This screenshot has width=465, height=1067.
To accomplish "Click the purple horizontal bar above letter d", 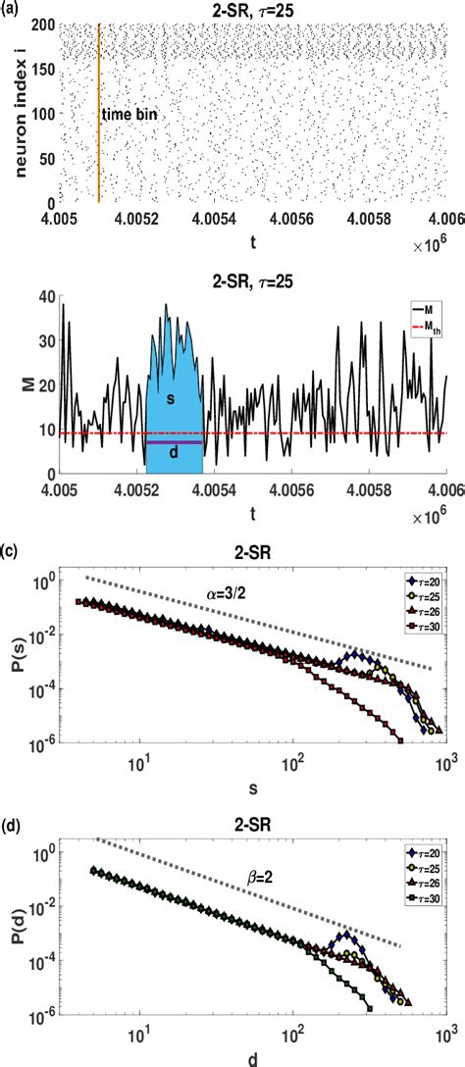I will pyautogui.click(x=174, y=442).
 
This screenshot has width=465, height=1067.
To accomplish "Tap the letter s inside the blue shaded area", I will pyautogui.click(x=173, y=398).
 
